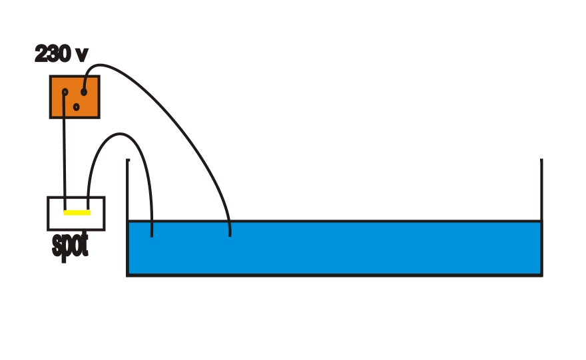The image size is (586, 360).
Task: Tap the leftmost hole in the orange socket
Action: pos(65,92)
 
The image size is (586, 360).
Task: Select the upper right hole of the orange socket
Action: pos(84,91)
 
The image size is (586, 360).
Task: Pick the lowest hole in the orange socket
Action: pos(76,106)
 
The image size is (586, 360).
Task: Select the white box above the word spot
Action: pos(76,214)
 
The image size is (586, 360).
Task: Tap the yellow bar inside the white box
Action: pos(77,213)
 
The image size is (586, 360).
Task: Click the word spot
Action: pos(70,245)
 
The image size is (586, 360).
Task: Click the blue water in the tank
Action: pos(346,248)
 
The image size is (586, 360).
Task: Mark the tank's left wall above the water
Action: pos(127,190)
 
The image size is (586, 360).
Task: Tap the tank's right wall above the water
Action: pos(541,190)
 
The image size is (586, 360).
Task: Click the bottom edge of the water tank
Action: pos(333,274)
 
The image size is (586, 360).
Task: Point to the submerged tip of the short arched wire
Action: pos(152,235)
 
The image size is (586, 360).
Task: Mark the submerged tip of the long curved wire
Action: pos(230,234)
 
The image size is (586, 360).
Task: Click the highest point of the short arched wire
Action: pos(121,134)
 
